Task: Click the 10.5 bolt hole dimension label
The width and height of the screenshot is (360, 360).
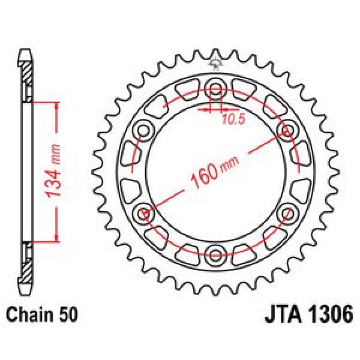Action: coord(234,119)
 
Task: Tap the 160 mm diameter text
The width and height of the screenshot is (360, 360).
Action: coord(215,172)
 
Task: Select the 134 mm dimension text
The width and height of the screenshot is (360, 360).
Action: coord(53,171)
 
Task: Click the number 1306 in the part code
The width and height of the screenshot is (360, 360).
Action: coord(330,314)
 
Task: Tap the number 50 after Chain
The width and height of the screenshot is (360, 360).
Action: coord(69,314)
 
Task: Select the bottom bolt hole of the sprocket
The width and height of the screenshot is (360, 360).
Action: coord(215,254)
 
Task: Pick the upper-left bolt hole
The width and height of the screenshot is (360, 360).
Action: coord(144,131)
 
